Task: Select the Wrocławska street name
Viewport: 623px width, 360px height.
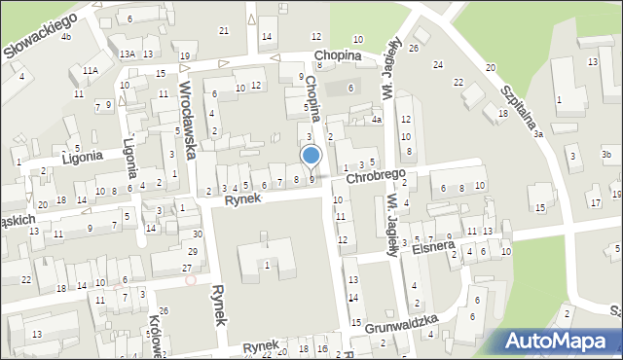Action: pyautogui.click(x=190, y=119)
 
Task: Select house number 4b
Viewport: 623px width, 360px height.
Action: pyautogui.click(x=66, y=37)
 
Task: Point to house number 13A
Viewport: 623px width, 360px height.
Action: pyautogui.click(x=128, y=54)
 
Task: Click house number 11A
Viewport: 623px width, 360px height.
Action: pyautogui.click(x=91, y=71)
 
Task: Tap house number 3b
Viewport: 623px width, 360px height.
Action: pyautogui.click(x=605, y=155)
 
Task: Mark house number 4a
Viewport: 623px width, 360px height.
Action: pyautogui.click(x=376, y=121)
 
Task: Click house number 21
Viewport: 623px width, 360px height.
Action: pyautogui.click(x=224, y=31)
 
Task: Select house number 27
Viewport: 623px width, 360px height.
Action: pyautogui.click(x=186, y=268)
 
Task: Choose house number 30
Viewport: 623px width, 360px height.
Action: pyautogui.click(x=197, y=234)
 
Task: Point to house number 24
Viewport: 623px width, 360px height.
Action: pyautogui.click(x=438, y=64)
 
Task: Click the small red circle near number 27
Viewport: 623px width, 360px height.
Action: pyautogui.click(x=191, y=280)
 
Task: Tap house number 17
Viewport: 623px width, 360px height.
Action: pyautogui.click(x=595, y=202)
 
